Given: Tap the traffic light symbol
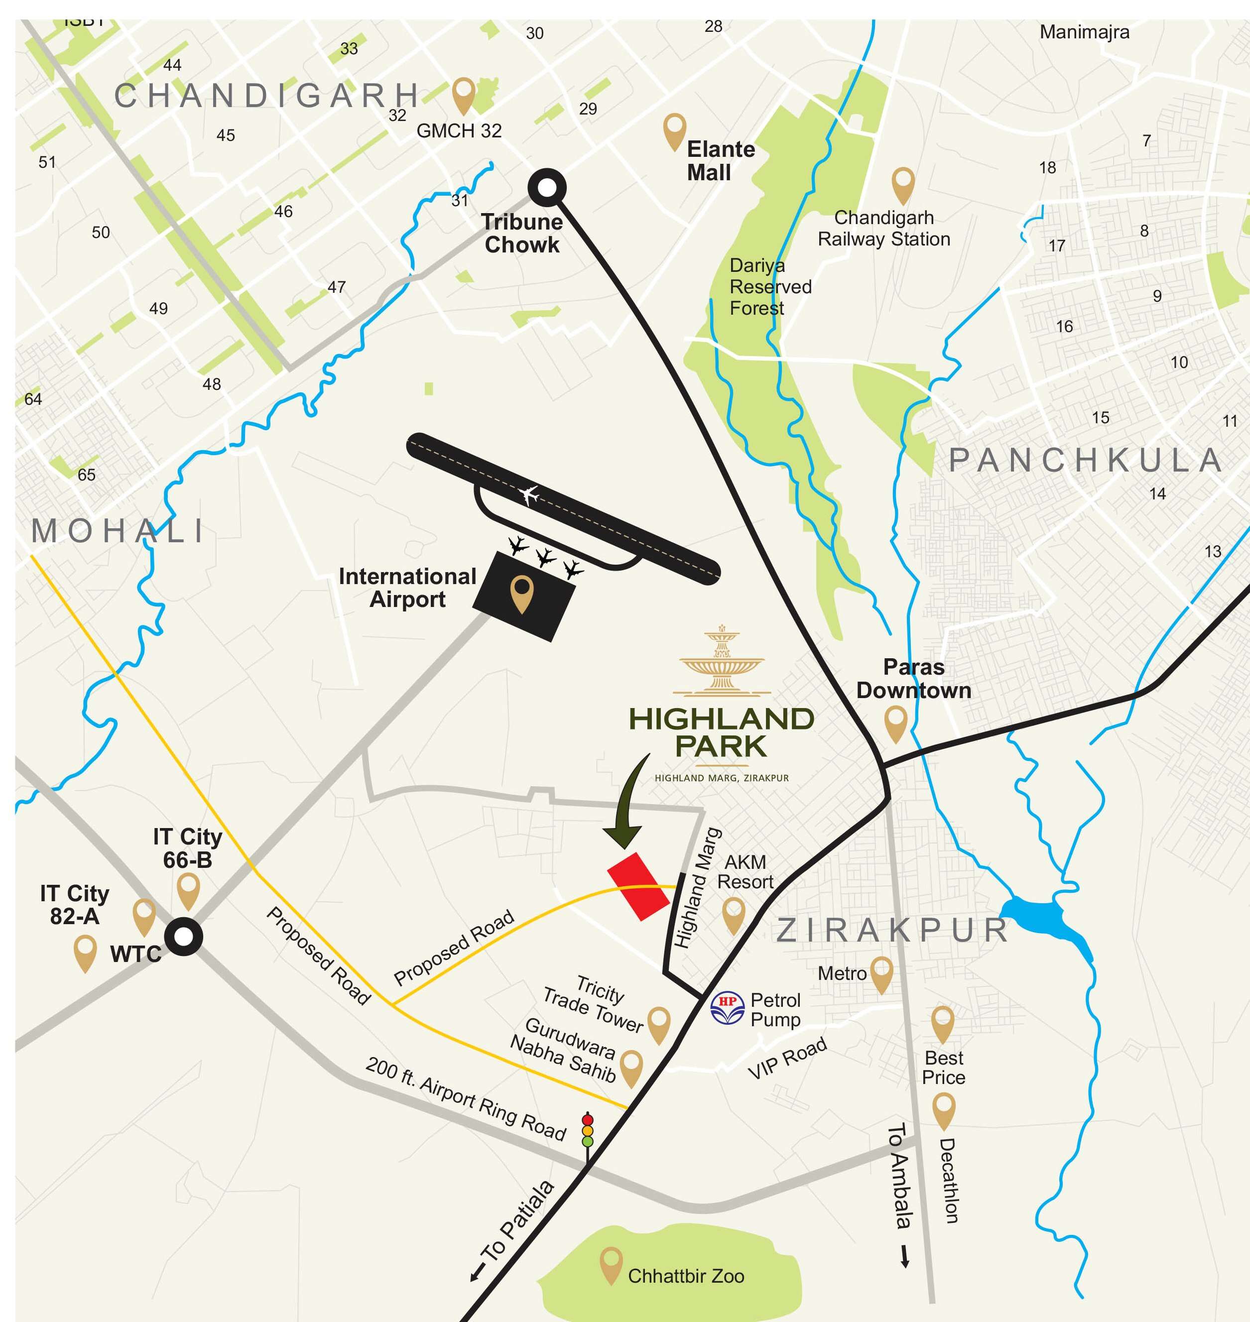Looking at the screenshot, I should (587, 1129).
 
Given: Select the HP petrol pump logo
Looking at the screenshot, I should (727, 1007).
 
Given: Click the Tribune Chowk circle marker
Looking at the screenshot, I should (546, 188).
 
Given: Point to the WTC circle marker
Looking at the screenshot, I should (183, 936).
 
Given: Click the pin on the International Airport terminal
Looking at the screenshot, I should (522, 593).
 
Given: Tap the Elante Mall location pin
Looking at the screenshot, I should (674, 130).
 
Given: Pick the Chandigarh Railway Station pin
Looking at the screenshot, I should (903, 185).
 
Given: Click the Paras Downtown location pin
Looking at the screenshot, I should (895, 723).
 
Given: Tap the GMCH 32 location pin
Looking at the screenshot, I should (463, 94).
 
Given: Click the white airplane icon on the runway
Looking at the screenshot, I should (530, 495).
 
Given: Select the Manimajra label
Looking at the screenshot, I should (1084, 32).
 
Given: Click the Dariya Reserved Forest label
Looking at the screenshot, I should (769, 286).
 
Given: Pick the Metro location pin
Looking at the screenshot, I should (881, 973).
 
